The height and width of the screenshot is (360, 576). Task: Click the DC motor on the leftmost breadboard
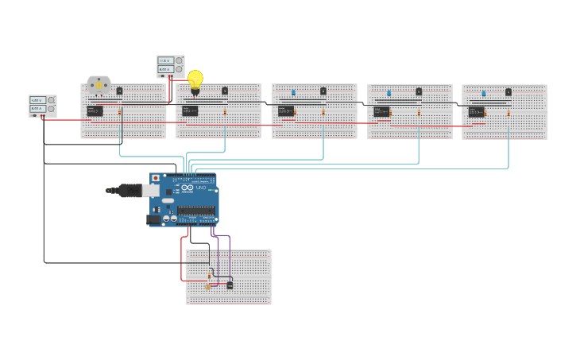(x=99, y=84)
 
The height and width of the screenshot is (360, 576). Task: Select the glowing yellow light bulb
(x=195, y=79)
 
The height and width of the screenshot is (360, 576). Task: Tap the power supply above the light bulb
(x=170, y=65)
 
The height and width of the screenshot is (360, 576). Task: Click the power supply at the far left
(x=42, y=106)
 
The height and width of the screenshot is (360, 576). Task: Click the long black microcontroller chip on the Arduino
(x=196, y=211)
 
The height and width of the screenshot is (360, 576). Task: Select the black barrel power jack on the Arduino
(x=153, y=219)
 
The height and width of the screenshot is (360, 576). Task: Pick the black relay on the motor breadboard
(x=95, y=111)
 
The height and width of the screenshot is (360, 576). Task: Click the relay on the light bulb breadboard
(x=190, y=111)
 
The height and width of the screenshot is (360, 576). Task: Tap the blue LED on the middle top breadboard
(x=293, y=93)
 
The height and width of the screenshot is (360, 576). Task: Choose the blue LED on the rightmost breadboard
(x=483, y=94)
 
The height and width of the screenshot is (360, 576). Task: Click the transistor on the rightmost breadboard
(x=508, y=92)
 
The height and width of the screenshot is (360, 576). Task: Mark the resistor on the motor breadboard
(x=120, y=112)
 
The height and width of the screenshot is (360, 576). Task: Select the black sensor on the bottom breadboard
(x=230, y=285)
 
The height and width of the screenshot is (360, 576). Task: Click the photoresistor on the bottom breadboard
(x=208, y=285)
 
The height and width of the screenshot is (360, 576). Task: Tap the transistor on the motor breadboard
(x=119, y=91)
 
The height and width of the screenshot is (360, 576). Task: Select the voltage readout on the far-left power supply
(x=37, y=101)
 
